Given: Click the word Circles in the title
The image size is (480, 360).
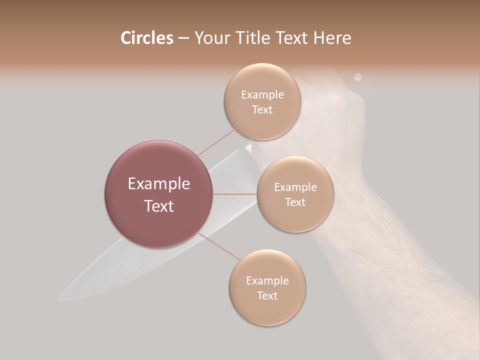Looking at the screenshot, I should pyautogui.click(x=146, y=38).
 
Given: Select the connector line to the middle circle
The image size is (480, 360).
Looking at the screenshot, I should pyautogui.click(x=235, y=193).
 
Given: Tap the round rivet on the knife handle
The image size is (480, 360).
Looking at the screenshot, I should pyautogui.click(x=357, y=77).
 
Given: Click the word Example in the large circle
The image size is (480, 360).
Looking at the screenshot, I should pyautogui.click(x=159, y=184).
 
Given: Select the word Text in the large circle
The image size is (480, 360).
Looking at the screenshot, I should pyautogui.click(x=159, y=206).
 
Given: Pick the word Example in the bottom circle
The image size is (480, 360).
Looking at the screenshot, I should pyautogui.click(x=267, y=280).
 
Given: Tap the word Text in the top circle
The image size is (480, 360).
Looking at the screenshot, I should pyautogui.click(x=262, y=109).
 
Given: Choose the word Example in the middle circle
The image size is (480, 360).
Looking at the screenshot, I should pyautogui.click(x=295, y=187).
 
